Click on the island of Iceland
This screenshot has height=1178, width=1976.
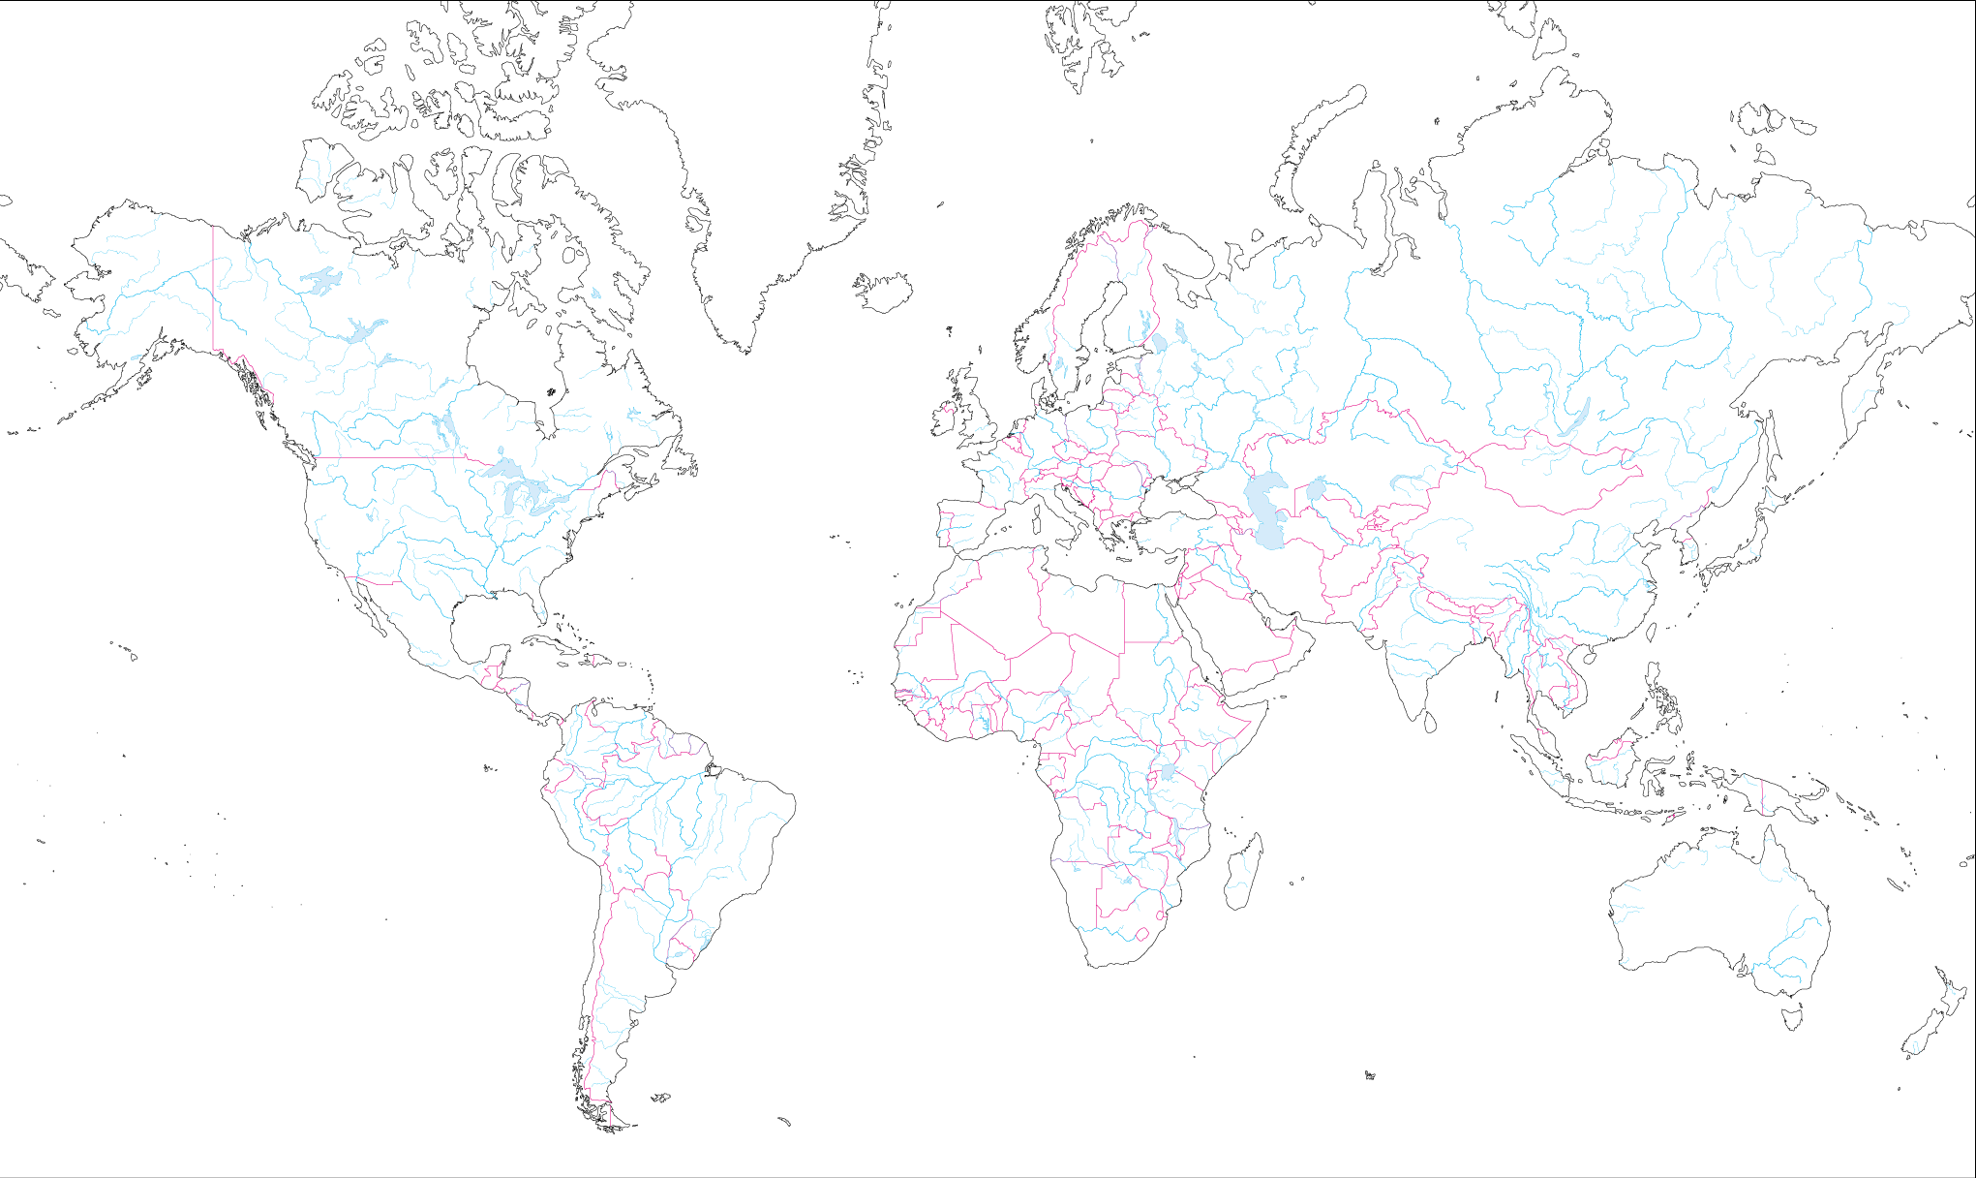click(885, 292)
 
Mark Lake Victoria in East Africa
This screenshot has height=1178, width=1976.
click(1169, 772)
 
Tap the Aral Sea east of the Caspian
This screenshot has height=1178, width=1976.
click(1316, 490)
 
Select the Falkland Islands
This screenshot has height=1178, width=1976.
click(660, 1099)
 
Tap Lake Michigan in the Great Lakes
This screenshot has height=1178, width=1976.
click(510, 499)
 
